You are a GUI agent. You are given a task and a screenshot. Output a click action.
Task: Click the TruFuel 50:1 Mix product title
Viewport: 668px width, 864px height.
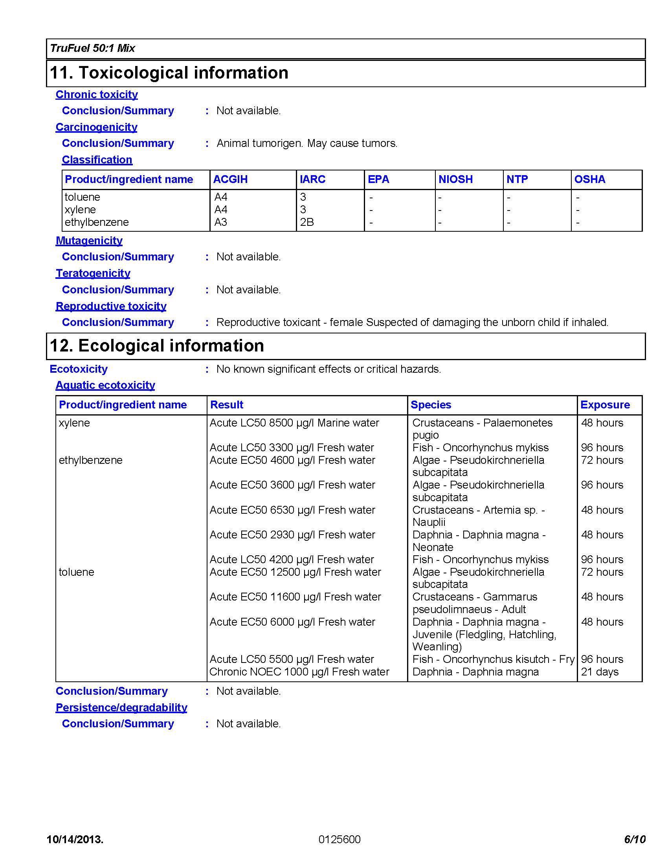[x=93, y=48]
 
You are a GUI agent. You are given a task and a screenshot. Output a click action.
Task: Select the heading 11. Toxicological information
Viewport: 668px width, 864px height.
[x=169, y=73]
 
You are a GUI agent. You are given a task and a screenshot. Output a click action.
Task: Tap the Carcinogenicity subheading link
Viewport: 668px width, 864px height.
[x=97, y=127]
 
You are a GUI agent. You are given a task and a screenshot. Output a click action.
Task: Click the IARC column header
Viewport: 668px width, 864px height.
[x=313, y=179]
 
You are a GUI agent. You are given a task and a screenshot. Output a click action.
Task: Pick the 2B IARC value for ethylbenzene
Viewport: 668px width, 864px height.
[x=307, y=222]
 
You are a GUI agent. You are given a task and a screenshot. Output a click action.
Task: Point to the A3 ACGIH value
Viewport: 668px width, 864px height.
[x=221, y=222]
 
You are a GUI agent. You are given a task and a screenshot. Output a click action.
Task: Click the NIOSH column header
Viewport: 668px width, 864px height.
[x=455, y=179]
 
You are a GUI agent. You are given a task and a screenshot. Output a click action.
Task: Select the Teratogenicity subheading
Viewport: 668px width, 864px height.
[x=93, y=273]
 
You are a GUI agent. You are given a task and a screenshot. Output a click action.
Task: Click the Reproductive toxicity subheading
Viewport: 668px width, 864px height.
[x=111, y=306]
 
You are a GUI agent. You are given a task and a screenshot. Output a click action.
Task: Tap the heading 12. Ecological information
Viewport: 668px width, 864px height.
[x=157, y=346]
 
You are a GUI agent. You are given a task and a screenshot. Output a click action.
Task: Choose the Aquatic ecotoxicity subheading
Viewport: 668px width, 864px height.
[x=105, y=385]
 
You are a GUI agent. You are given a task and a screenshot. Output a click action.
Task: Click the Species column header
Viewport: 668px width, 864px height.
[x=431, y=405]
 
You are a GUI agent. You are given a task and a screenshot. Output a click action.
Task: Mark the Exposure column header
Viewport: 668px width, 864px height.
[x=605, y=405]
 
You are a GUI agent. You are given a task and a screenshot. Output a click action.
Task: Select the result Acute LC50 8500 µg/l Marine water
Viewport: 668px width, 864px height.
[x=294, y=423]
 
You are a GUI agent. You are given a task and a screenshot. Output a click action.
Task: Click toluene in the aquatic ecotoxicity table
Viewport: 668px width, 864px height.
[x=76, y=572]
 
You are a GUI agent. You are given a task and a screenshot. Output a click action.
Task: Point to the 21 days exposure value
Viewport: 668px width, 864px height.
[x=600, y=672]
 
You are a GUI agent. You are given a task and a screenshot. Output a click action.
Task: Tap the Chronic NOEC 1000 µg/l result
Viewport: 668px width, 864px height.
[x=299, y=672]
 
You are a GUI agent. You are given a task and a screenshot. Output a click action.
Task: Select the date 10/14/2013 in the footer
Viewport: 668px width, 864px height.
[x=75, y=840]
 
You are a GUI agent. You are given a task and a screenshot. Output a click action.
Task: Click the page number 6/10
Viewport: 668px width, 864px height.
[x=635, y=840]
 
